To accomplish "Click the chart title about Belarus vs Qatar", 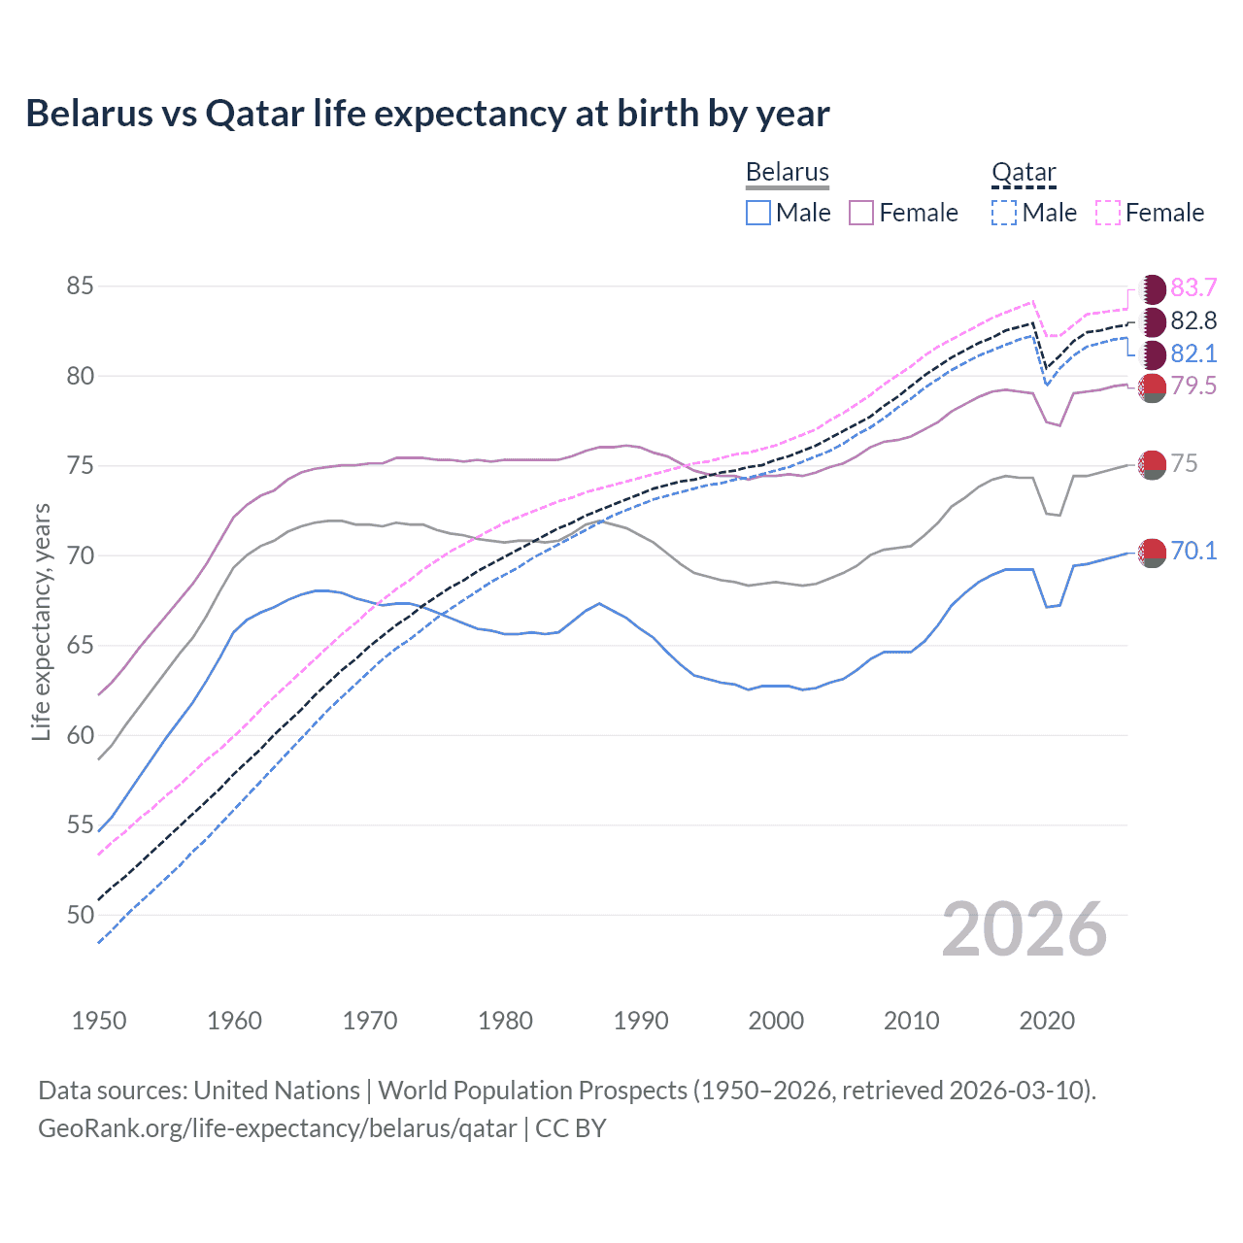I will click(x=427, y=114).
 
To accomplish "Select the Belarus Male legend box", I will click(x=758, y=213).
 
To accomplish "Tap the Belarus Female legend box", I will click(x=861, y=213).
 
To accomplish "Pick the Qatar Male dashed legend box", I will click(x=1004, y=213).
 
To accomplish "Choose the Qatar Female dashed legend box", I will click(x=1108, y=213).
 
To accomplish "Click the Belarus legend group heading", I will click(x=788, y=173).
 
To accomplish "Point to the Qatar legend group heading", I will click(x=1024, y=173).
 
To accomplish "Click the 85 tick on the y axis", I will click(x=81, y=286).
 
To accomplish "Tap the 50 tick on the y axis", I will click(x=81, y=915).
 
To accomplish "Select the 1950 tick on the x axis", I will click(x=99, y=1021).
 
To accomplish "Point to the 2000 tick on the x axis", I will click(x=776, y=1021).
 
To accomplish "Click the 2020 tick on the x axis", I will click(x=1047, y=1021).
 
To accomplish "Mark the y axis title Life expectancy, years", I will click(x=42, y=621).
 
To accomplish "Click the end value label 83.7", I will click(x=1193, y=288).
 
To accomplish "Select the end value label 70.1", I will click(x=1193, y=552).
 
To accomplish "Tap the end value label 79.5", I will click(x=1193, y=386).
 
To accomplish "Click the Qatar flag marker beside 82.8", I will click(x=1153, y=321).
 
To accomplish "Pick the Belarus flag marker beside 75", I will click(x=1153, y=465).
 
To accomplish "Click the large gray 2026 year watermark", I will click(x=1025, y=929).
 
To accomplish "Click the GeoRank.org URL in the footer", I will click(x=278, y=1128).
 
